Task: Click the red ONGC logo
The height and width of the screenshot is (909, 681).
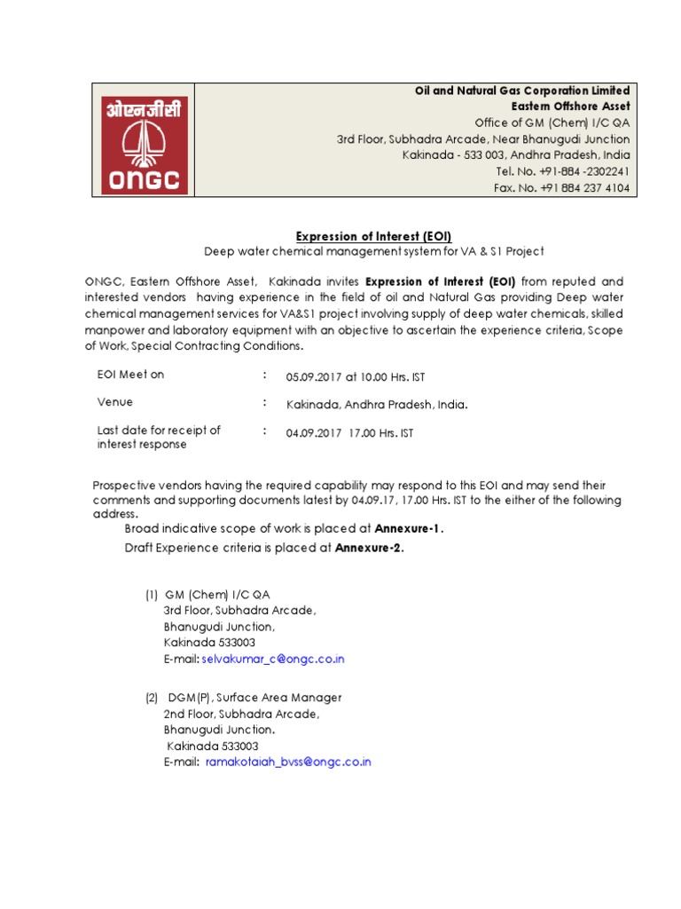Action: point(143,140)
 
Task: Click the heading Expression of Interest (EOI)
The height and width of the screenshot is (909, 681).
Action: point(373,235)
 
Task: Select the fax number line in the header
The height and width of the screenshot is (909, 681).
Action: point(561,188)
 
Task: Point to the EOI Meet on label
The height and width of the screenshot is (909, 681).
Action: point(130,375)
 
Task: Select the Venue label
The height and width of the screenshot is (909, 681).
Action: point(115,402)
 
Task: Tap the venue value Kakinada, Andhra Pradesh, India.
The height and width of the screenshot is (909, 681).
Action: point(377,405)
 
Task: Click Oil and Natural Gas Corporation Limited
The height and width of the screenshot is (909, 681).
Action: point(523,91)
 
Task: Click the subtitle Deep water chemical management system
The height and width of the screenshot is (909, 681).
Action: point(373,251)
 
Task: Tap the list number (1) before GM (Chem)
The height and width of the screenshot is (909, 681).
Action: point(152,595)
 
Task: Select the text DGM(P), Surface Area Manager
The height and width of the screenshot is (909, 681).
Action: point(253,698)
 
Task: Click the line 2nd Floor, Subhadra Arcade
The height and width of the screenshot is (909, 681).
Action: point(240,714)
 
